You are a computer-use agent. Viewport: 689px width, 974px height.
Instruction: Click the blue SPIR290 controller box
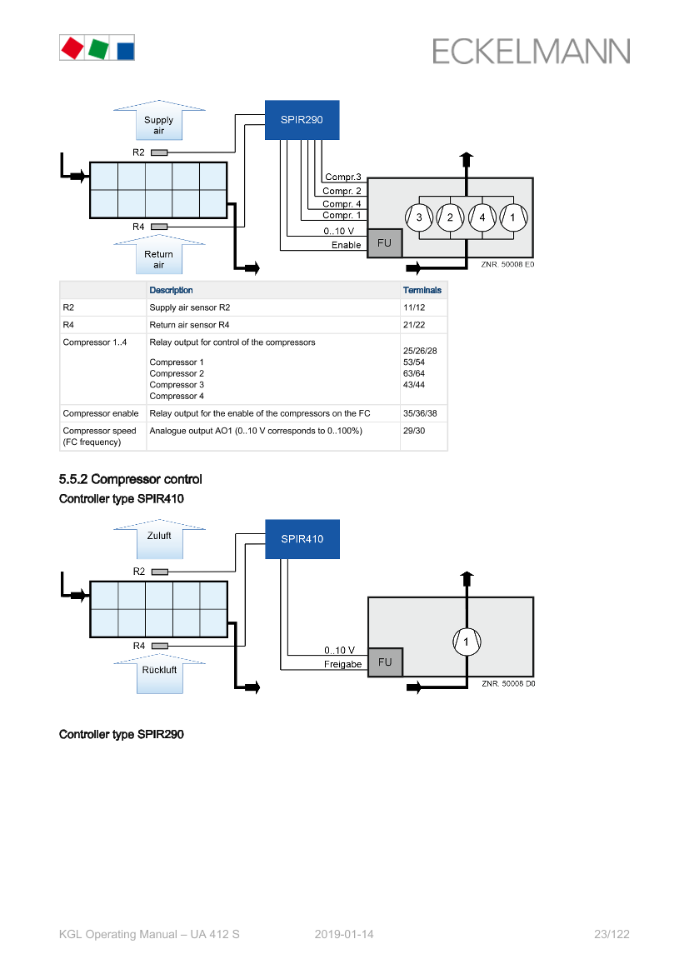click(x=302, y=120)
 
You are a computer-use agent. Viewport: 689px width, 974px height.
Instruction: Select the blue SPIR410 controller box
click(x=302, y=539)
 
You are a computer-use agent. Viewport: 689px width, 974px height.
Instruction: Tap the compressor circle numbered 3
click(x=419, y=217)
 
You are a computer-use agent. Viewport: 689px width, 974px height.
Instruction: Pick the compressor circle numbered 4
click(x=482, y=217)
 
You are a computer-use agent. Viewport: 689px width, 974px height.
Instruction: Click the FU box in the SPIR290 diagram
click(x=385, y=243)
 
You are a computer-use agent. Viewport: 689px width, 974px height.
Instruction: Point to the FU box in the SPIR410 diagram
click(x=385, y=662)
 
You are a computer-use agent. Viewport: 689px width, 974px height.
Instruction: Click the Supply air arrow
click(x=159, y=121)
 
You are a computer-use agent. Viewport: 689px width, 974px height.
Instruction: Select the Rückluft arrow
click(x=159, y=674)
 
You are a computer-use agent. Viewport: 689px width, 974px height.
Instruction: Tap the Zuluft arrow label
click(x=159, y=536)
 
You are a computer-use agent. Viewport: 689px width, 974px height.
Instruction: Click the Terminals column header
click(x=422, y=290)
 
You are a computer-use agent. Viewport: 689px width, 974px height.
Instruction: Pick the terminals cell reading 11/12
click(x=414, y=307)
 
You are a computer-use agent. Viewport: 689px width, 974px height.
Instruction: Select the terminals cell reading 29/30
click(x=414, y=431)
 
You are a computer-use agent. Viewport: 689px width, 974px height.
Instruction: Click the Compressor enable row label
click(x=101, y=413)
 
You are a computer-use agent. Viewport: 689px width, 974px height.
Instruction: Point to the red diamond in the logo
click(x=72, y=47)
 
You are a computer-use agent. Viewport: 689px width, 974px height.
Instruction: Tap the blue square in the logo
click(x=126, y=51)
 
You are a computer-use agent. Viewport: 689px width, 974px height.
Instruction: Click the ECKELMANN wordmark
click(x=532, y=52)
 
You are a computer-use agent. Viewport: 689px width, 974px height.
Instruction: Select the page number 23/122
click(x=612, y=934)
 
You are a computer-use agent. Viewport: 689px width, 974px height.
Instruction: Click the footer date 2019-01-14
click(x=344, y=934)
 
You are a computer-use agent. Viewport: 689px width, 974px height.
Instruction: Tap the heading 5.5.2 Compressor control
click(x=131, y=479)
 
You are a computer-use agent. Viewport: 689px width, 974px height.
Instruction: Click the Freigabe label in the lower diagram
click(x=343, y=664)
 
